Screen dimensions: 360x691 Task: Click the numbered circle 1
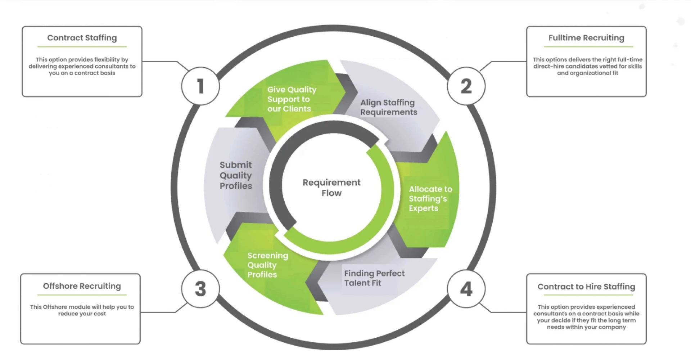pos(200,86)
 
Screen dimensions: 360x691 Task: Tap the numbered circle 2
pos(466,86)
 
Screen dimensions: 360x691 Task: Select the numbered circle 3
pos(200,289)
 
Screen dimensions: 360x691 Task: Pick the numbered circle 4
pos(466,289)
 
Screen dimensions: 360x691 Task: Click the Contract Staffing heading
pos(82,38)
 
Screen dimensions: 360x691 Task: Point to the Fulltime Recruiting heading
pos(586,38)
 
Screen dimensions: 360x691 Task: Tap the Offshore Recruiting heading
pos(82,286)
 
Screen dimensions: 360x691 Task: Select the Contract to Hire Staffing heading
pos(586,287)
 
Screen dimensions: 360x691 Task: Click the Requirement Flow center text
pos(331,188)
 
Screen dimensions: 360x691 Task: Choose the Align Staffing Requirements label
pos(388,107)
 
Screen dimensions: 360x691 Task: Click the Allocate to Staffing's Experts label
pos(430,198)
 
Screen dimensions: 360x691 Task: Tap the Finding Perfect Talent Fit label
pos(374,278)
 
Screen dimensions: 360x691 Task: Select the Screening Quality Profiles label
pos(267,265)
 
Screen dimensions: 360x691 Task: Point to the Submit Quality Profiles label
pos(236,175)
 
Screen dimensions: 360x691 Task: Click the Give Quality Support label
pos(291,99)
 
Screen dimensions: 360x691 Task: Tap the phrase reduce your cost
pos(82,314)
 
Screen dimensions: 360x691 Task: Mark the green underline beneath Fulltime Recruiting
pos(588,47)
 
